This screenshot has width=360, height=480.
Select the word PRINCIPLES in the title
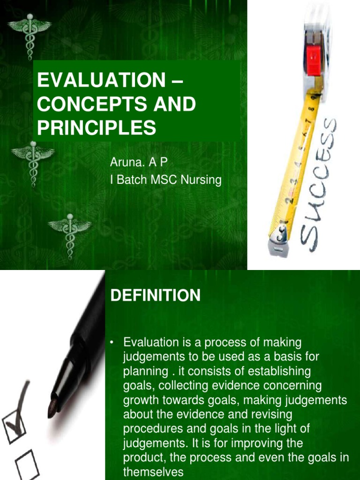[96, 127]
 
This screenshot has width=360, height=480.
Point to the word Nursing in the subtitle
[202, 180]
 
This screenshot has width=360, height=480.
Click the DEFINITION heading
[155, 295]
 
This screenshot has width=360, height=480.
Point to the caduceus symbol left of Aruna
[33, 162]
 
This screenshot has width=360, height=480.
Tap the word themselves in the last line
[153, 472]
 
